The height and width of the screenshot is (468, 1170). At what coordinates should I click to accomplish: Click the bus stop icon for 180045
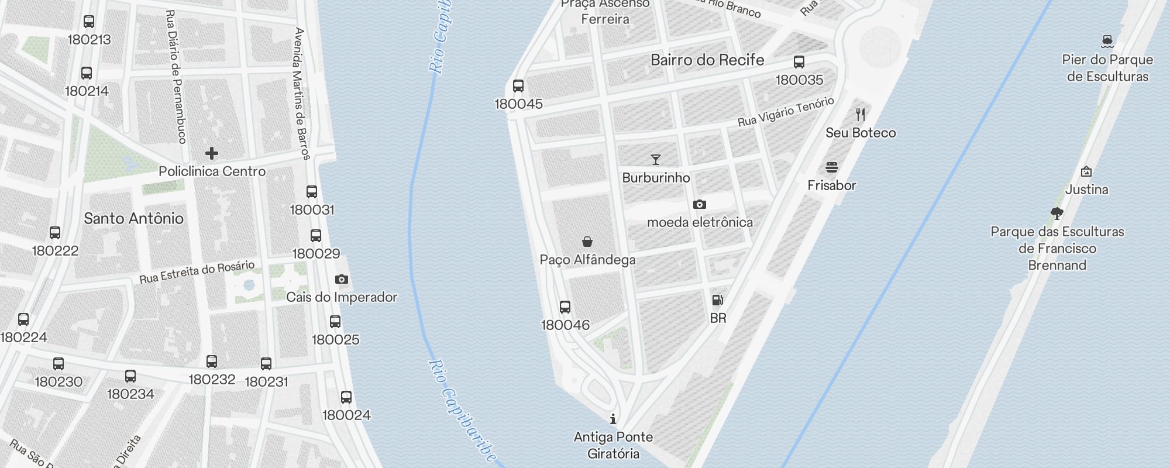pos(518,87)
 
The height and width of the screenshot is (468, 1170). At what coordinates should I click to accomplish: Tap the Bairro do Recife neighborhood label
pos(707,60)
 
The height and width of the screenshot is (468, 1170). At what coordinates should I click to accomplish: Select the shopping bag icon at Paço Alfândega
pos(587,242)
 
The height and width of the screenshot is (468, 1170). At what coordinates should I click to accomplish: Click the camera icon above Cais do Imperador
pos(342,280)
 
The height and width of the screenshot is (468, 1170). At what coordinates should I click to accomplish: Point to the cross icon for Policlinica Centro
pos(212,153)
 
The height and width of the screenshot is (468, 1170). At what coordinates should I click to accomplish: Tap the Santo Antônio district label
pos(133,219)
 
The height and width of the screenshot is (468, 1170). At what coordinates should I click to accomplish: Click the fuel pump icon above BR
pos(718,301)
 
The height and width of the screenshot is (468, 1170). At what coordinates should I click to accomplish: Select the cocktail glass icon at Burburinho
pos(656,160)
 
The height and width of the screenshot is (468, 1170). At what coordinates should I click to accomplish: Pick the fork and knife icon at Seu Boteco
pos(861,115)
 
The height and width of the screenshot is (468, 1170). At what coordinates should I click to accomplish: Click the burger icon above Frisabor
pos(832,168)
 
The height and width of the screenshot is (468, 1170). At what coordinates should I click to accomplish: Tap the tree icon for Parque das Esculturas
pos(1057,214)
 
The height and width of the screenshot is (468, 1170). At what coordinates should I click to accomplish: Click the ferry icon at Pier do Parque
pos(1107,42)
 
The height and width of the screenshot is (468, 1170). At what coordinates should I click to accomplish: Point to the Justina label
pos(1086,190)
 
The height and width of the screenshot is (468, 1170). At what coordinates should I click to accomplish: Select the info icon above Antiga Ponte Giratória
pos(613,419)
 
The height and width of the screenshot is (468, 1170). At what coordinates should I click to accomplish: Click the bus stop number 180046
pos(565,325)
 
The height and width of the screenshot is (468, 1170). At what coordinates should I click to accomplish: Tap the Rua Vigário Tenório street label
pos(786,112)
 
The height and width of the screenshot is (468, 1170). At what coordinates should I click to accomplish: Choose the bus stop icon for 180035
pos(799,62)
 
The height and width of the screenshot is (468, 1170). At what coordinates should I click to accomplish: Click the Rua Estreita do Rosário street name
pos(197,272)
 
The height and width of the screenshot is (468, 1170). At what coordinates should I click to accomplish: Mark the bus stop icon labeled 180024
pos(346,398)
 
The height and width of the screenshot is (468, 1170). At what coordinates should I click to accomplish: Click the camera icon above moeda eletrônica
pos(700,205)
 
